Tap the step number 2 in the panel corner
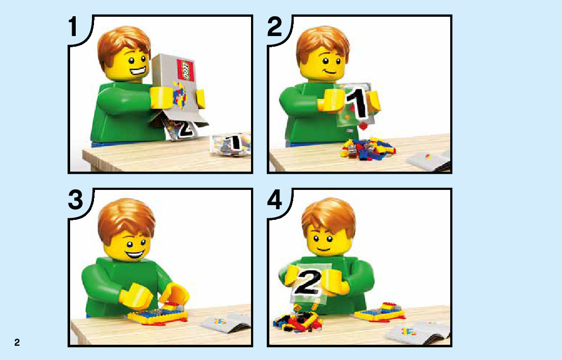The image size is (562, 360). tap(275, 27)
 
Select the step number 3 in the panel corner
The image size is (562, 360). tap(76, 200)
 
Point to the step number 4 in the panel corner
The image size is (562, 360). tap(275, 200)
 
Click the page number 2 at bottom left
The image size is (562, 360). tap(17, 342)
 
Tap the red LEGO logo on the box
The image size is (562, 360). tap(185, 70)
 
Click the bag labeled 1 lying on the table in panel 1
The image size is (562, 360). tap(230, 144)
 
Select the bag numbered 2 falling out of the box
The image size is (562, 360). tap(182, 130)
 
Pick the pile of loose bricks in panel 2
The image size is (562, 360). tap(368, 148)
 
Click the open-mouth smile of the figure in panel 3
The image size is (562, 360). tap(135, 255)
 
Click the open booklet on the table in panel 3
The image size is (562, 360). tap(225, 322)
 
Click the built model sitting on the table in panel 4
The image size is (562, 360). tap(380, 312)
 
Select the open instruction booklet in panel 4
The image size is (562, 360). tap(418, 333)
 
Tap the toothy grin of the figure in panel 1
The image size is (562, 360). tap(139, 71)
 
